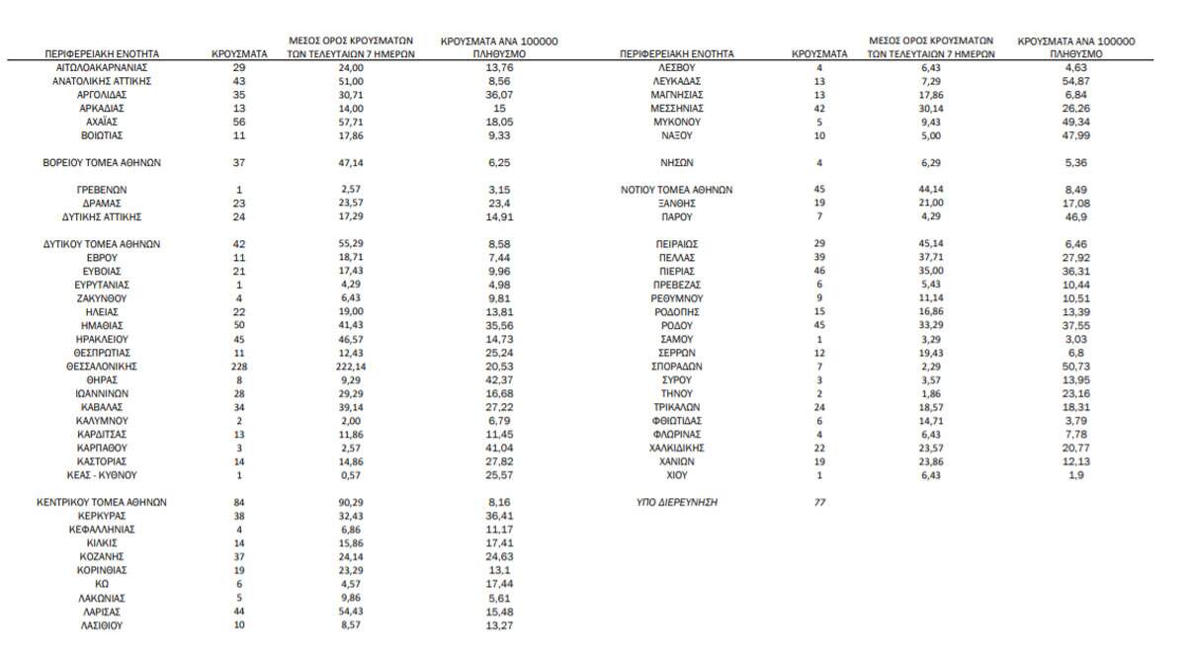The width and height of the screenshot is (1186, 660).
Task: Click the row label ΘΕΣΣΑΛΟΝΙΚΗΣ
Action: tap(103, 366)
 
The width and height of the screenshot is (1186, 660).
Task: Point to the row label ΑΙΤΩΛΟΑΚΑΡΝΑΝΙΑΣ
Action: tap(103, 66)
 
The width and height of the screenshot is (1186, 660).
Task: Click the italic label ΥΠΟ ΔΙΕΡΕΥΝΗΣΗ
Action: tap(677, 502)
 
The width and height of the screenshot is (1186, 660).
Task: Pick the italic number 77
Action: tap(818, 502)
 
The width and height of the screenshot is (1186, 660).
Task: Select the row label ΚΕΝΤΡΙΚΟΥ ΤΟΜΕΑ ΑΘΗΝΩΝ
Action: tap(103, 502)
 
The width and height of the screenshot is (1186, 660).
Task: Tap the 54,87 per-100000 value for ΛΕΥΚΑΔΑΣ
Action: tap(1076, 80)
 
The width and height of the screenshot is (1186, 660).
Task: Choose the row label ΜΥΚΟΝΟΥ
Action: tap(677, 122)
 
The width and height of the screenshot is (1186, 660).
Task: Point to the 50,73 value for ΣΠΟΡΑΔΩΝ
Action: tap(1076, 366)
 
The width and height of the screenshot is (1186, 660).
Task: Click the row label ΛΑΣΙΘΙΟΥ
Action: tap(103, 625)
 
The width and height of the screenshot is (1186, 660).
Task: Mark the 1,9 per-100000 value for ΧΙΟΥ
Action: tap(1076, 474)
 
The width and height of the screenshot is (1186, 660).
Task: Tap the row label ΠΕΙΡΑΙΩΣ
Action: tap(677, 243)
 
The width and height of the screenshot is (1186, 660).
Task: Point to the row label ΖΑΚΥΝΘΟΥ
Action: tap(103, 297)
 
